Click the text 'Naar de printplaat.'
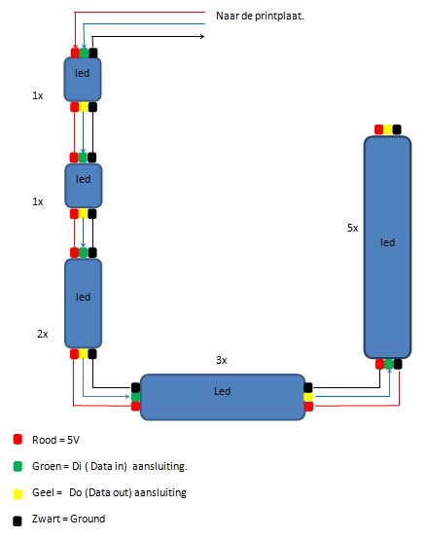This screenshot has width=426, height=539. pos(260,16)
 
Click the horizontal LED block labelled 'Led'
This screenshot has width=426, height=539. pos(223,397)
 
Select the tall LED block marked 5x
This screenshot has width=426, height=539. pos(387,247)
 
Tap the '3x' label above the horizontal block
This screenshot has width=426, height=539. pos(221,360)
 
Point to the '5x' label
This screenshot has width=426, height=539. pos(352,228)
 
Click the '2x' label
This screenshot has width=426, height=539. pos(43,334)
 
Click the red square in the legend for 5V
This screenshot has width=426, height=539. pos(18,440)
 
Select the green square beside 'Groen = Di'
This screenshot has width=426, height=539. pos(18,466)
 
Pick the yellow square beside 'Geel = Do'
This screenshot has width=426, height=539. pos(18,494)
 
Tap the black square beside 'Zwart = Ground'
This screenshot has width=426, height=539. pos(18,521)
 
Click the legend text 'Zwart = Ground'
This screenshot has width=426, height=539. pos(69,519)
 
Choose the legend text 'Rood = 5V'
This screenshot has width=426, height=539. pos(55,440)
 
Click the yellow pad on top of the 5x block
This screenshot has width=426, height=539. pos(388,129)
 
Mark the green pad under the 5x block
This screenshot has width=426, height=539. pos(388,364)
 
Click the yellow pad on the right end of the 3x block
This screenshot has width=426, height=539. pos(308,397)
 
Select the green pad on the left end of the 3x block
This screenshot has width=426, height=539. pos(136,397)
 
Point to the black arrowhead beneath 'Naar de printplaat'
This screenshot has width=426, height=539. pos(202,36)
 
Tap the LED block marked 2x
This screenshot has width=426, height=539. pos(83,304)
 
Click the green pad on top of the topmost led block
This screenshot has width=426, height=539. pos(84,53)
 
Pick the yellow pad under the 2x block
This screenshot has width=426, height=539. pos(84,354)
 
